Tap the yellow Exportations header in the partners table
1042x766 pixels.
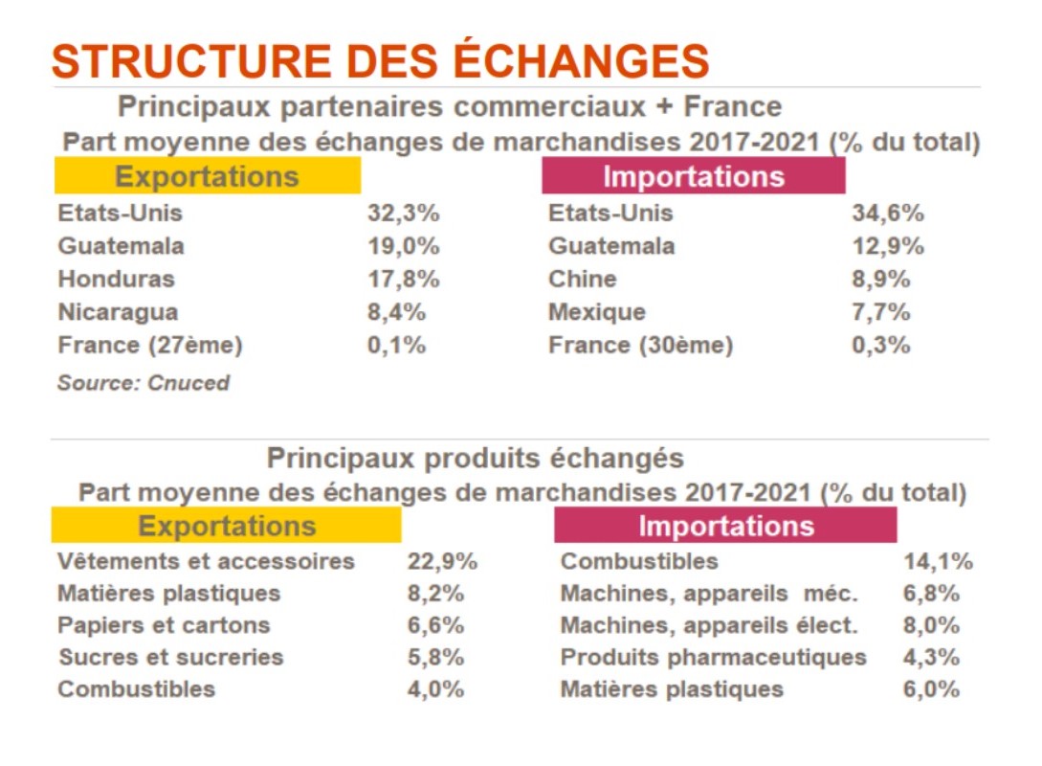click(207, 176)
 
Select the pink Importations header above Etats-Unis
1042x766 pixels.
click(693, 176)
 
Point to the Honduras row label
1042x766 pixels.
click(116, 279)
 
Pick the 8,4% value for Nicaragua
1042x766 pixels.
click(396, 312)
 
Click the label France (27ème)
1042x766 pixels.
click(149, 345)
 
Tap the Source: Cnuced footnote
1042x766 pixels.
click(144, 383)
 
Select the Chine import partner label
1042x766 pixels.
click(582, 279)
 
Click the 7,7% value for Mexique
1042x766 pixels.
click(880, 312)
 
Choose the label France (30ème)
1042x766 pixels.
click(640, 345)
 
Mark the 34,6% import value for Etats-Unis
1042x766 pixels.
click(887, 213)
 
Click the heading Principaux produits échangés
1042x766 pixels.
click(475, 458)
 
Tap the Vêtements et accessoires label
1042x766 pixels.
click(206, 561)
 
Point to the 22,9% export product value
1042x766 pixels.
click(441, 561)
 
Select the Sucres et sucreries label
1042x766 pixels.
click(170, 658)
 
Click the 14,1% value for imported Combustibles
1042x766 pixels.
click(937, 561)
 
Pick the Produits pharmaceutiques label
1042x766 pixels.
click(713, 658)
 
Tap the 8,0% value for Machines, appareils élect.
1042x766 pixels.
click(930, 625)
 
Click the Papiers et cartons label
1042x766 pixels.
click(164, 625)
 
